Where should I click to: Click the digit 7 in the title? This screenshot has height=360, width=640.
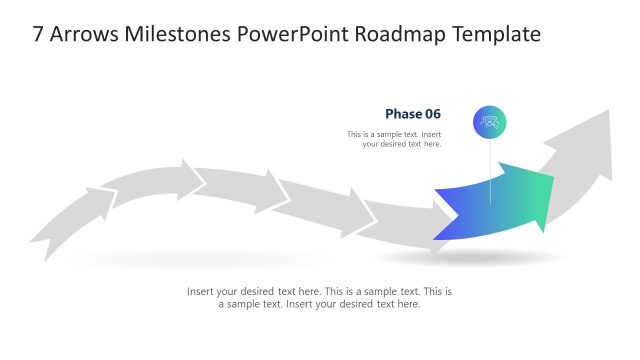(x=38, y=35)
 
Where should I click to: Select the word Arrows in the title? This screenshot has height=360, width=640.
(x=86, y=35)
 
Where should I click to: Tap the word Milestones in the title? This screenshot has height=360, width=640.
(x=185, y=35)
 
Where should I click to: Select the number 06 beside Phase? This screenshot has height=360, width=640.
(x=432, y=114)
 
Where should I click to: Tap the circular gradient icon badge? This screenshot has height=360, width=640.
(x=490, y=121)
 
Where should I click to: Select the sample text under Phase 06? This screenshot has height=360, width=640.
(x=394, y=139)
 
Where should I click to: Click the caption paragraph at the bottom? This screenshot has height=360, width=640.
(x=320, y=298)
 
